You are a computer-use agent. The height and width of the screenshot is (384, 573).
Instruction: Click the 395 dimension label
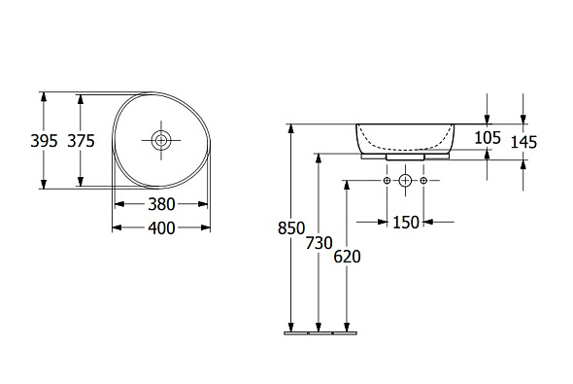[x=44, y=141]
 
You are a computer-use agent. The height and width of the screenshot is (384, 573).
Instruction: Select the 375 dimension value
[x=81, y=141]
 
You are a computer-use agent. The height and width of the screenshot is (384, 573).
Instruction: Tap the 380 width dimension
[x=161, y=204]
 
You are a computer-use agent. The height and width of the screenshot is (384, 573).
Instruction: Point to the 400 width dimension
[x=161, y=228]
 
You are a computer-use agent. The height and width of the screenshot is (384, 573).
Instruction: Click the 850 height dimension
[x=291, y=228]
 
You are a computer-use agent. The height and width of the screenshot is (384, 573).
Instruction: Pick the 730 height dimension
[x=319, y=243]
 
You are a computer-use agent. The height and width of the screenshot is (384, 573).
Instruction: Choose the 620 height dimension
[x=347, y=257]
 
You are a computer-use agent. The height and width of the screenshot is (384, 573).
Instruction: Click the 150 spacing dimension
[x=406, y=222]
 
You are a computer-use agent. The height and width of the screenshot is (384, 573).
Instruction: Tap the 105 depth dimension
[x=488, y=138]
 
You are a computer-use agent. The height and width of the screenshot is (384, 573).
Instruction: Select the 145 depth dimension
[x=523, y=142]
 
